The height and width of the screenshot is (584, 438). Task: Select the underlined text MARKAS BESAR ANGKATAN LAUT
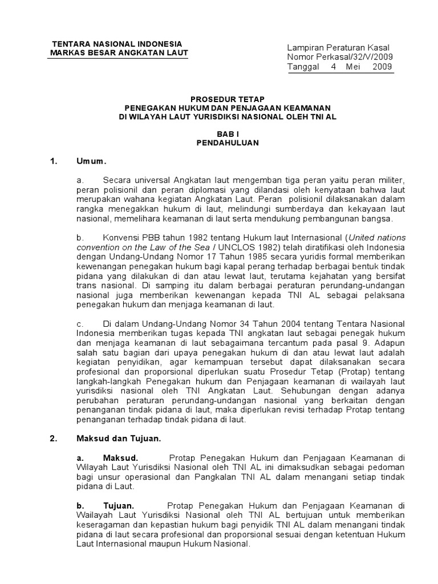tap(119, 53)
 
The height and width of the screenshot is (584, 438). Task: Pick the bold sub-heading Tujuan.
tap(118, 505)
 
